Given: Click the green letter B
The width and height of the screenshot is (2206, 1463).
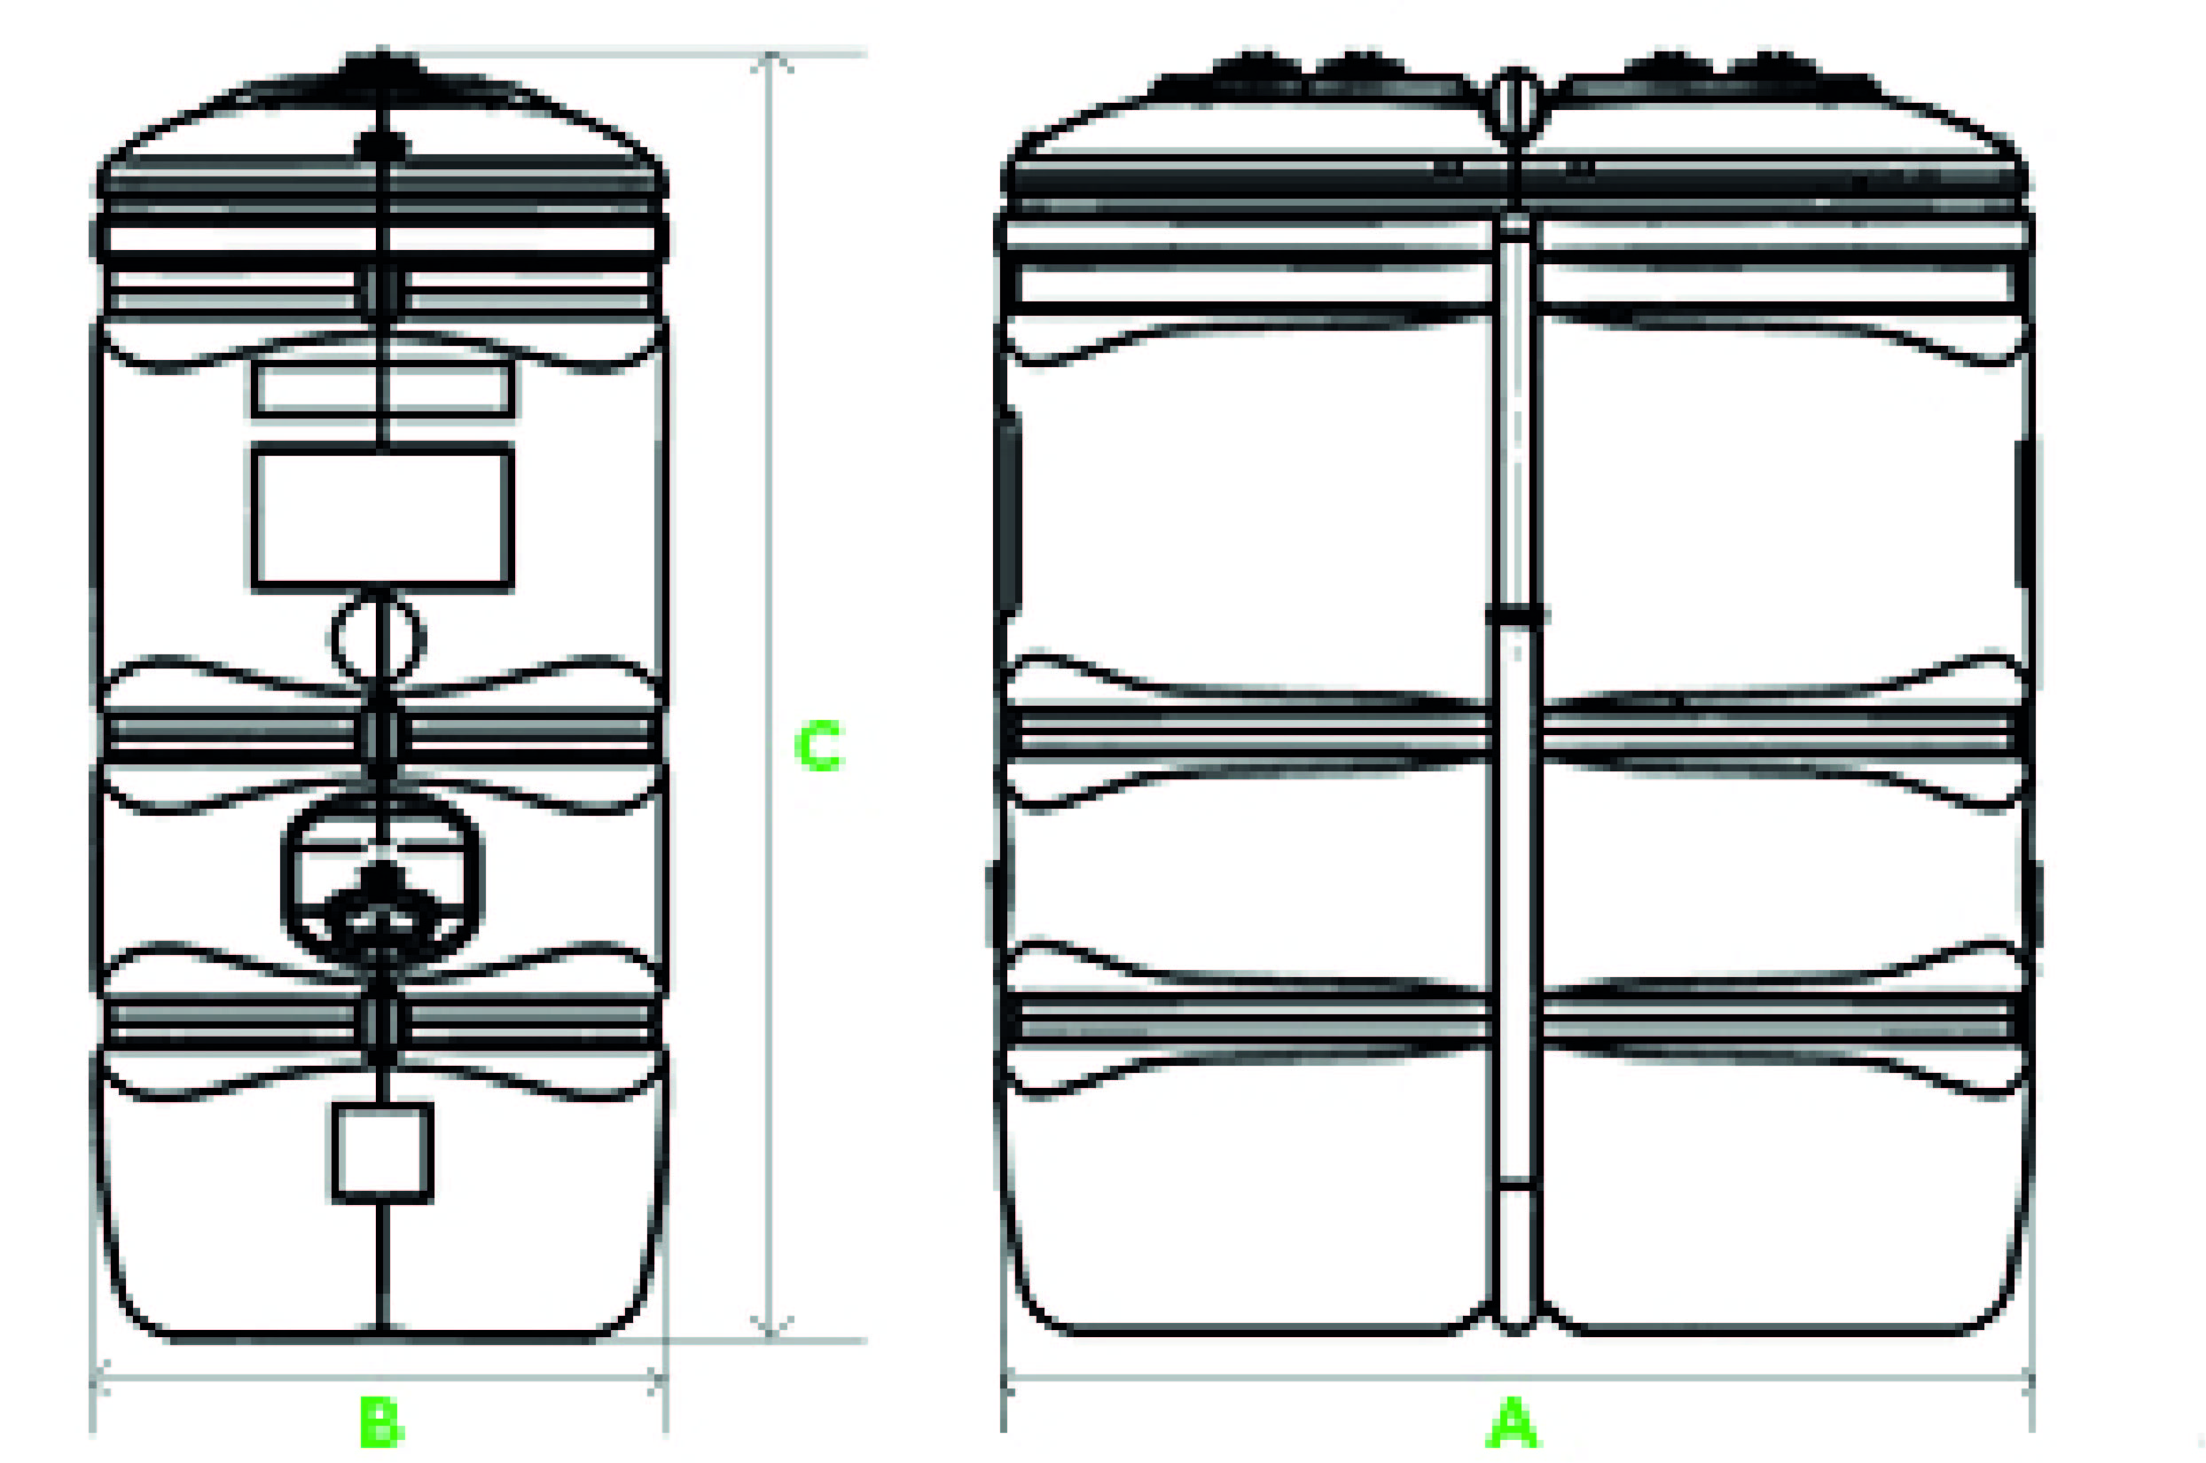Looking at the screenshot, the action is coord(381,1421).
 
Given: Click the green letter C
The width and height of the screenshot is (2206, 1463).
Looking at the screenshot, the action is coord(818,746).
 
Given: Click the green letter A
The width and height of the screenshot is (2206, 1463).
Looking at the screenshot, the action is coord(1512,1421).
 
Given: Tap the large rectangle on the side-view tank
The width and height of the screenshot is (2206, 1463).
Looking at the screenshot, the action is coord(382,518).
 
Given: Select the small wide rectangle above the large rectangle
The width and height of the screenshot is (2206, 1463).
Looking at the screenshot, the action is coord(382,388).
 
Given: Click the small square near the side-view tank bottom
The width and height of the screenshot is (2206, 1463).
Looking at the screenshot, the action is coord(383,1154).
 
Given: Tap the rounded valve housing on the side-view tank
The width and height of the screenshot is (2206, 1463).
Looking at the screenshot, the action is coord(382,881).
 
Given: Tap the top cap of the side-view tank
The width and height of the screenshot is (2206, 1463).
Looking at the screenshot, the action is coord(382,68).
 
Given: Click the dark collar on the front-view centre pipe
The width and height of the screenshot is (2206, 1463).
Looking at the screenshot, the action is coord(1517,614).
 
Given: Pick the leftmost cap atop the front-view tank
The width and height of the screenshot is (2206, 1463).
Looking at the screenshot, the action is coord(1259,68).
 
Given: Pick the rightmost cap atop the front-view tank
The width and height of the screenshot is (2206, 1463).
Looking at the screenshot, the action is coord(1774,68).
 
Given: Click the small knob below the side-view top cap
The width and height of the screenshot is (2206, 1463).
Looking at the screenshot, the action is coord(382,145).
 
